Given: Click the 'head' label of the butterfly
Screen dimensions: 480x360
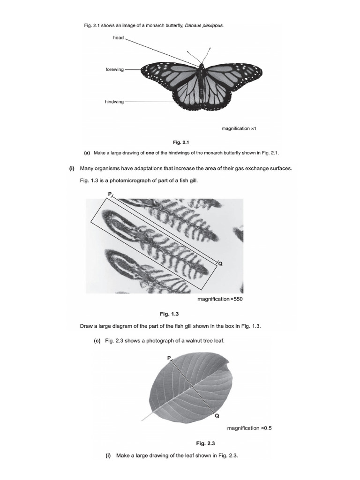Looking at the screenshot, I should point(118,37).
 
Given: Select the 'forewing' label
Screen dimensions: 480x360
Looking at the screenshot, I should point(115,69).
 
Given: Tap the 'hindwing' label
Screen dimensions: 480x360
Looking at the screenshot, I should point(115,102).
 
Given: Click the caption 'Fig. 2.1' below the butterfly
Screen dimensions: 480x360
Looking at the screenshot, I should point(180,141).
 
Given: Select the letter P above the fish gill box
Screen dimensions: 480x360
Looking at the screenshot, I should point(110,194).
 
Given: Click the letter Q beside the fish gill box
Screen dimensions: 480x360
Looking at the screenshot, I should point(220,264).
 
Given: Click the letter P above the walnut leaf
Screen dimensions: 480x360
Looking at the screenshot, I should point(169,358).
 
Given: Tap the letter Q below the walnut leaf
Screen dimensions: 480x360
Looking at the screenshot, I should point(217,415).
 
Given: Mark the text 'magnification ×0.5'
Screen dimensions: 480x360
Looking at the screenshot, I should point(249,428).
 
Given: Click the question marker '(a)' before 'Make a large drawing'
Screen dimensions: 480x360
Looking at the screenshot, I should point(87,153).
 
